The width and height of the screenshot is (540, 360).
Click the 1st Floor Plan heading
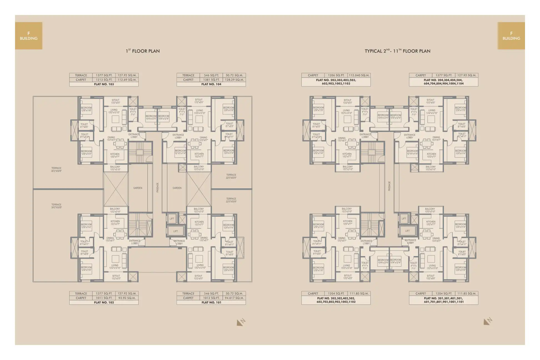pyautogui.click(x=142, y=51)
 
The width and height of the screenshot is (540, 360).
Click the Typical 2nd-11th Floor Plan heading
pyautogui.click(x=397, y=51)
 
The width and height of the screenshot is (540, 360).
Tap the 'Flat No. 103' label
pyautogui.click(x=104, y=84)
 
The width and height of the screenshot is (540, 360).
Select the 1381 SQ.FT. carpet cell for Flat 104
pyautogui.click(x=212, y=80)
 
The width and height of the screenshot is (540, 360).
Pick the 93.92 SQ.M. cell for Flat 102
pyautogui.click(x=127, y=298)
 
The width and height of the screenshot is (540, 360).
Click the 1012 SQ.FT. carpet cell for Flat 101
pyautogui.click(x=212, y=298)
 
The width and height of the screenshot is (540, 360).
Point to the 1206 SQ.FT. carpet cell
pyautogui.click(x=336, y=75)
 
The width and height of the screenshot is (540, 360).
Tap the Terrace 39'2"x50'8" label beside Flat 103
pyautogui.click(x=56, y=169)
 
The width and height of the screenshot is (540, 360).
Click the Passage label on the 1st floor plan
pyautogui.click(x=157, y=187)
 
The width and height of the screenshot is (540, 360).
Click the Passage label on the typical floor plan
pyautogui.click(x=389, y=186)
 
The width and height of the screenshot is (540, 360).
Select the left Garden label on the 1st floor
pyautogui.click(x=137, y=188)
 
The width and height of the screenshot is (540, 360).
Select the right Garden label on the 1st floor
pyautogui.click(x=177, y=188)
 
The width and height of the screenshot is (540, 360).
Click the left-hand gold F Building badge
pyautogui.click(x=29, y=36)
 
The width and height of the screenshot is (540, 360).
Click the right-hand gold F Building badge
pyautogui.click(x=511, y=36)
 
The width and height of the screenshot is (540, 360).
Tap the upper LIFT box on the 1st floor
pyautogui.click(x=172, y=219)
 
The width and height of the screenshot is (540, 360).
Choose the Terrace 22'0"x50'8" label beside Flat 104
pyautogui.click(x=231, y=176)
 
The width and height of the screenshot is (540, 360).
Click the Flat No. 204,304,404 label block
pyautogui.click(x=444, y=82)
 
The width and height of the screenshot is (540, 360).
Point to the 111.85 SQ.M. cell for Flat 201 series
pyautogui.click(x=467, y=294)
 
